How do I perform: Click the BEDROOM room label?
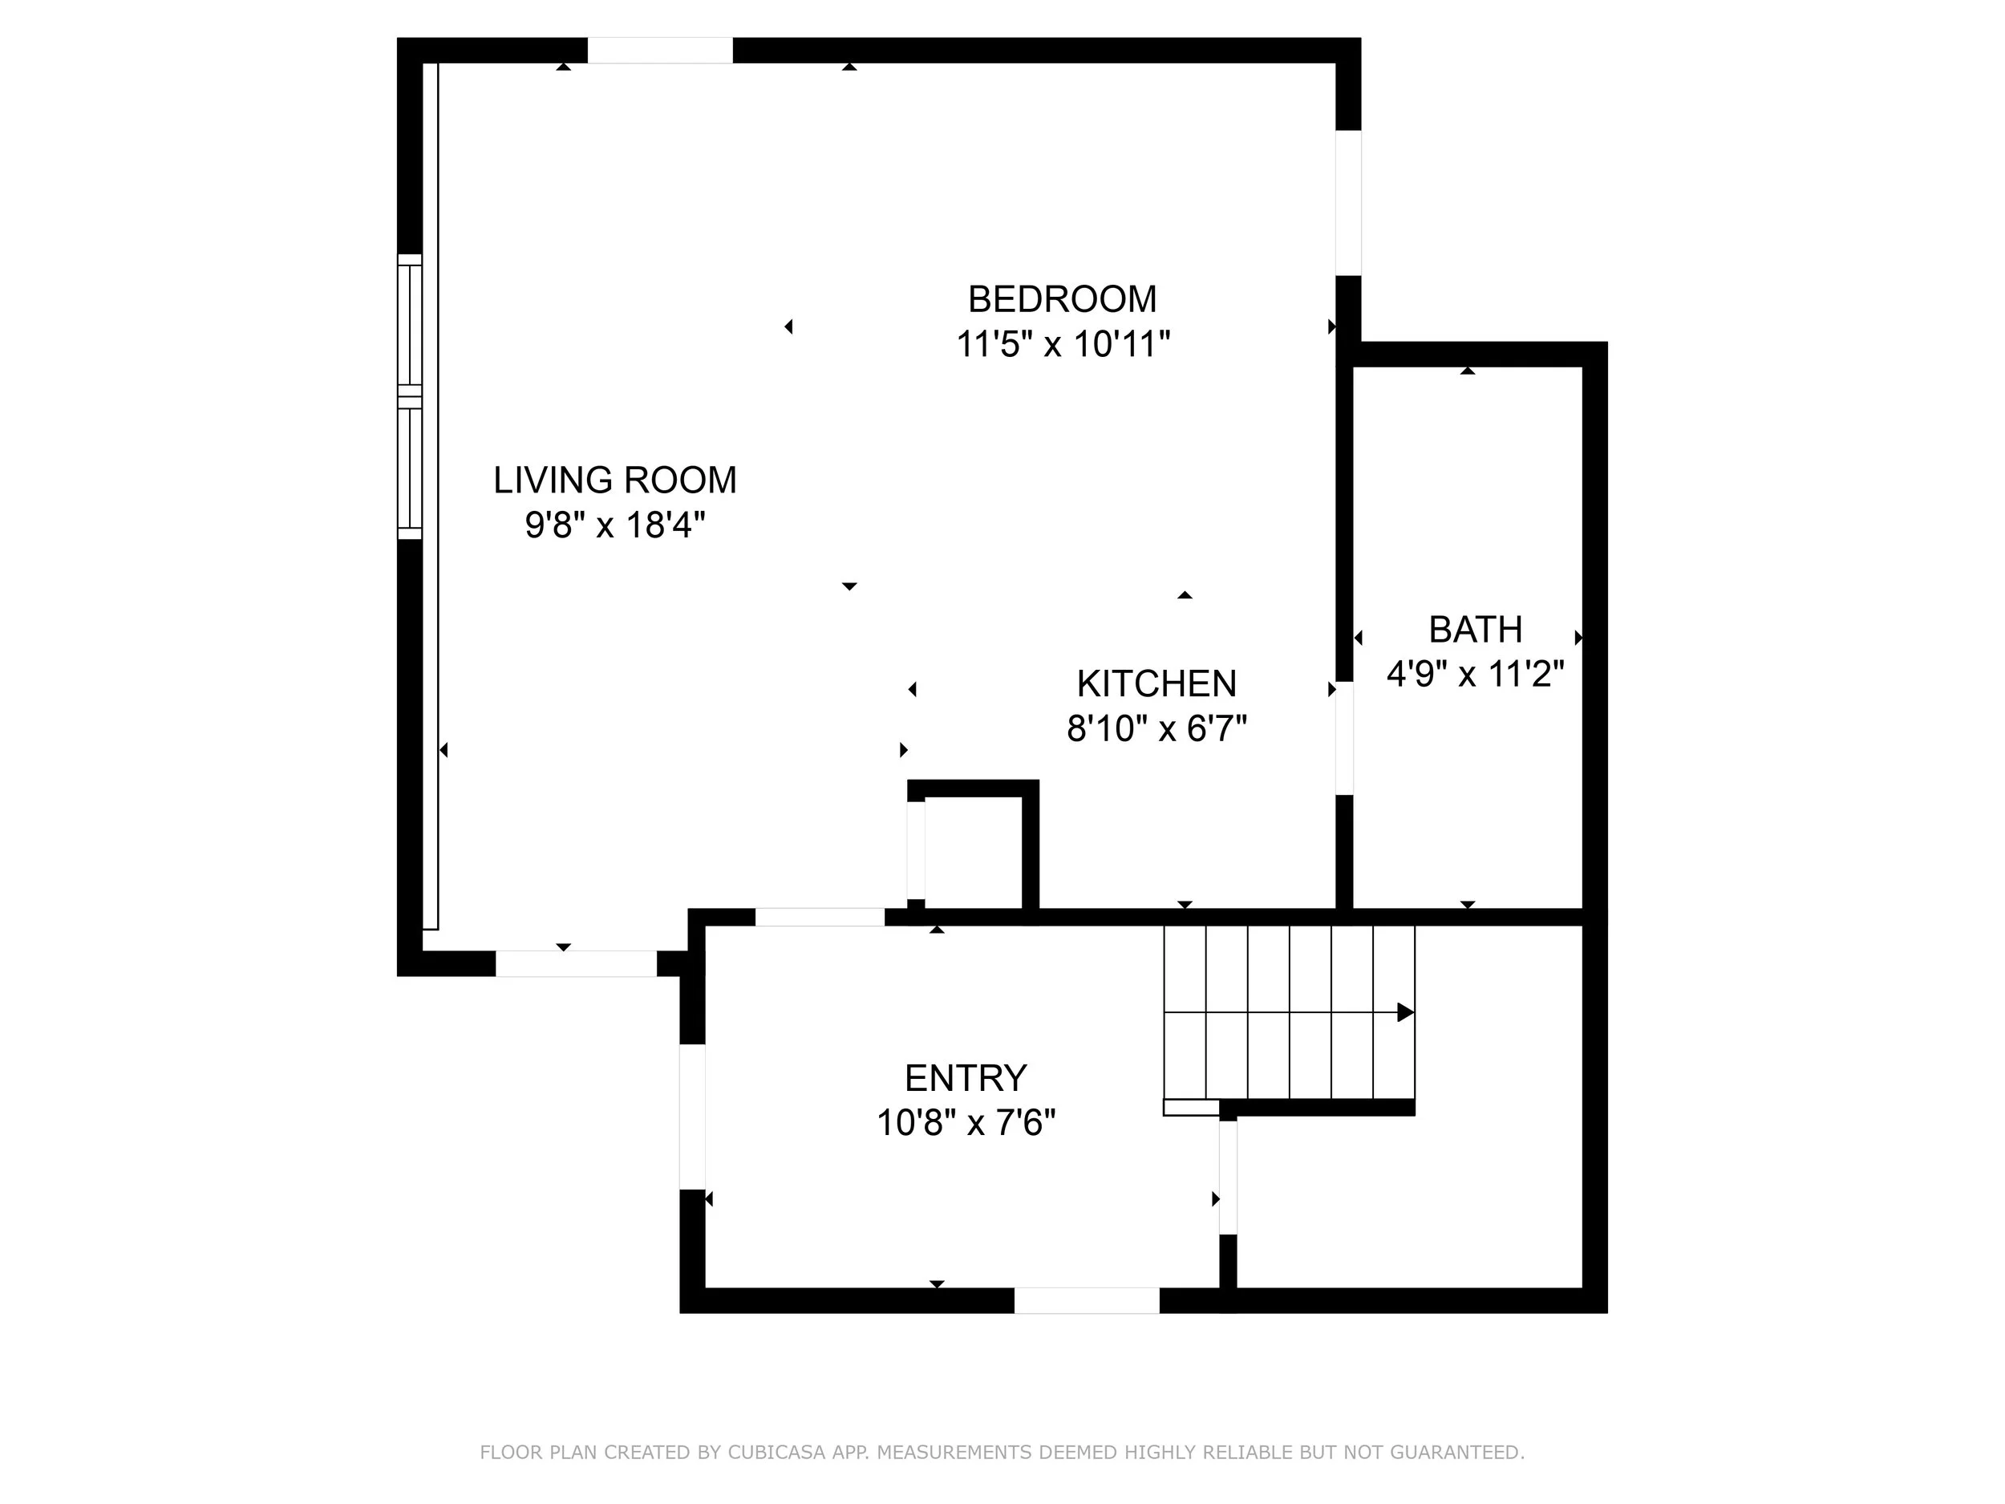1063,299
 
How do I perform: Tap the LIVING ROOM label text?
614,480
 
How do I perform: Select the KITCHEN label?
1156,683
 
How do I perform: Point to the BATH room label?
1475,629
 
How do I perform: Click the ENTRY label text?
966,1078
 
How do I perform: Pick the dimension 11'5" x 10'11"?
1063,344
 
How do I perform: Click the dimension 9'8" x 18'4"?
614,525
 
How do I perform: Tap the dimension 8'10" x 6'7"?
1156,728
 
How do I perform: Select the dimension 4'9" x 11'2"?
1476,674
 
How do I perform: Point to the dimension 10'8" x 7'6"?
966,1123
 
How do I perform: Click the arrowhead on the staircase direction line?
1406,1011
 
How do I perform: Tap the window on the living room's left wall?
410,397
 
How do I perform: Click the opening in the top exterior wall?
660,51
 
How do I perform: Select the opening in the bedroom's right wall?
1349,202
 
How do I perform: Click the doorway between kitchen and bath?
1345,738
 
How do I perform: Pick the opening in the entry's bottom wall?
1087,1300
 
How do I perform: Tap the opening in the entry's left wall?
692,1117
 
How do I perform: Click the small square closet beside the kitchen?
974,849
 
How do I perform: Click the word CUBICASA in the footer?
777,1453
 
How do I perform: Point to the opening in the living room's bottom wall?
576,963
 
